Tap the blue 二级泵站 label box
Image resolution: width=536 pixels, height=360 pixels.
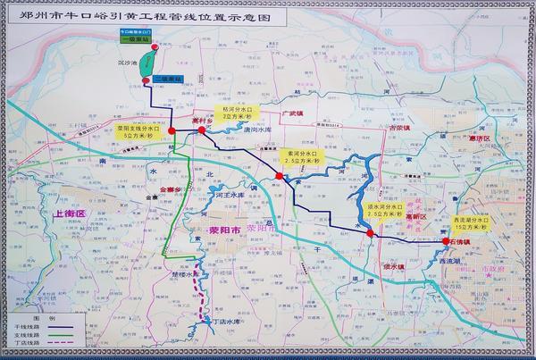[x=165, y=80]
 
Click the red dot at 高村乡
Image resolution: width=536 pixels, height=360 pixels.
[x=202, y=130]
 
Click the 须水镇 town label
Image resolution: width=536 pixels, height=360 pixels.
[x=394, y=264]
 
